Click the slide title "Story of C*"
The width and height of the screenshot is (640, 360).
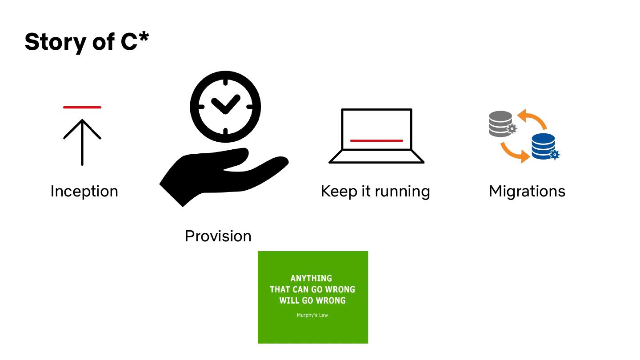point(86,42)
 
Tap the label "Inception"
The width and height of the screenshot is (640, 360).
point(84,191)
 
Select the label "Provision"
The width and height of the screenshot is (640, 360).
point(218,236)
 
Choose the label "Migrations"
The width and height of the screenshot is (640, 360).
point(527,191)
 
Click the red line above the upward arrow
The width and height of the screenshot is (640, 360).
point(82,107)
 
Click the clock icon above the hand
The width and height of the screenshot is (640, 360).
point(225,107)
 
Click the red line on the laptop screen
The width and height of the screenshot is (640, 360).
point(376,140)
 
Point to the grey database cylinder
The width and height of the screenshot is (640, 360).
point(500,123)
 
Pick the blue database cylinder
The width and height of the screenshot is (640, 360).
point(543,145)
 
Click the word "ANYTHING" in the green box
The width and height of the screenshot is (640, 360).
point(311,279)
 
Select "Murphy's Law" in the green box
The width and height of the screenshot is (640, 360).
point(312,316)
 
